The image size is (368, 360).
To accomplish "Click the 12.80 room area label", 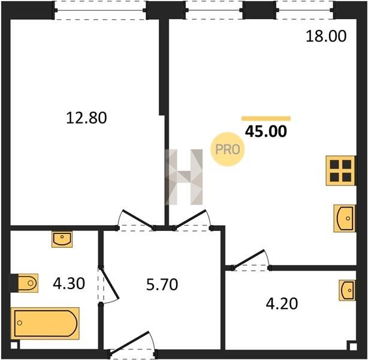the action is point(86,118).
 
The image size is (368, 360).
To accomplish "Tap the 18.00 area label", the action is point(326,36).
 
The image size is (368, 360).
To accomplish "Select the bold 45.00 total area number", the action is point(266,131).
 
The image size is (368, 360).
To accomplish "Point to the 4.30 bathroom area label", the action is point(69,283).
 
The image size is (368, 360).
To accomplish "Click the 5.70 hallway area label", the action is point(162,284).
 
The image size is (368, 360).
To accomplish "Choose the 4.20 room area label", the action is point(282,304).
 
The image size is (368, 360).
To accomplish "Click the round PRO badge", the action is point(227,149).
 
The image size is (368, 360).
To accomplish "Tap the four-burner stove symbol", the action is point(340,170).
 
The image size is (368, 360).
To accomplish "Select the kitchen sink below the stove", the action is point(344,218).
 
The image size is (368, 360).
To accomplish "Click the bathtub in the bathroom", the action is point(45,323).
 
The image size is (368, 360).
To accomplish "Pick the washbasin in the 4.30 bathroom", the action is point(62,239).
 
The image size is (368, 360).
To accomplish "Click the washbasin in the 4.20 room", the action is point(347,290).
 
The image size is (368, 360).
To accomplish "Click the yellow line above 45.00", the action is point(266,118).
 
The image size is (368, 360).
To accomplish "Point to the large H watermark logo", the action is point(184,177).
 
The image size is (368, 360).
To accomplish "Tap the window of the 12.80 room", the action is point(100,10).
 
